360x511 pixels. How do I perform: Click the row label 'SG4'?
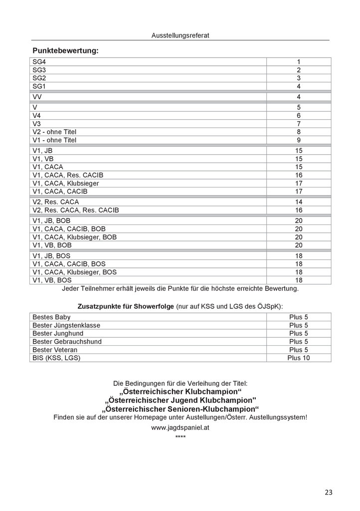pyautogui.click(x=39, y=62)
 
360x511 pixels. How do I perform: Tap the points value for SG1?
pyautogui.click(x=298, y=86)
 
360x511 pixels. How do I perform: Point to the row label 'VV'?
pyautogui.click(x=37, y=97)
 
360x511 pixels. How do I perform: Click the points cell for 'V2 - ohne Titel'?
pyautogui.click(x=298, y=132)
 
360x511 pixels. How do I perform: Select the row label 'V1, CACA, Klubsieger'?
pyautogui.click(x=65, y=183)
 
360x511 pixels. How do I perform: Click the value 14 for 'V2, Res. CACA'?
pyautogui.click(x=298, y=202)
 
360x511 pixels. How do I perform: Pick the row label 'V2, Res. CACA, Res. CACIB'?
pyautogui.click(x=75, y=211)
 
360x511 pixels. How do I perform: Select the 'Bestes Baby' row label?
pyautogui.click(x=51, y=317)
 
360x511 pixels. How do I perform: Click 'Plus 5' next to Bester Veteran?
pyautogui.click(x=298, y=349)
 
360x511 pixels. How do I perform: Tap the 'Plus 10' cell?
pyautogui.click(x=298, y=358)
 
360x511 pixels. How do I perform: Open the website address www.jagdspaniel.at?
pyautogui.click(x=180, y=428)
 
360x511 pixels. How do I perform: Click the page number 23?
pyautogui.click(x=328, y=493)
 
